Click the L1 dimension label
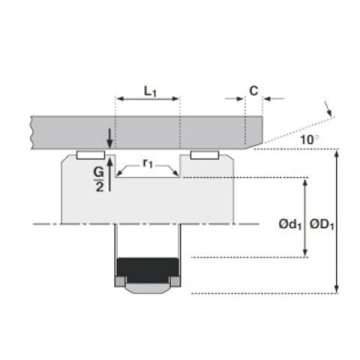(150, 91)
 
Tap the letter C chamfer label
(253, 91)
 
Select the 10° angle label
(310, 139)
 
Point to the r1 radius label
(148, 163)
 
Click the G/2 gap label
(99, 179)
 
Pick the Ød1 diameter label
(290, 224)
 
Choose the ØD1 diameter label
(322, 224)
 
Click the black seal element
(148, 269)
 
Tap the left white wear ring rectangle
(91, 155)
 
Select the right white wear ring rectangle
(205, 155)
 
